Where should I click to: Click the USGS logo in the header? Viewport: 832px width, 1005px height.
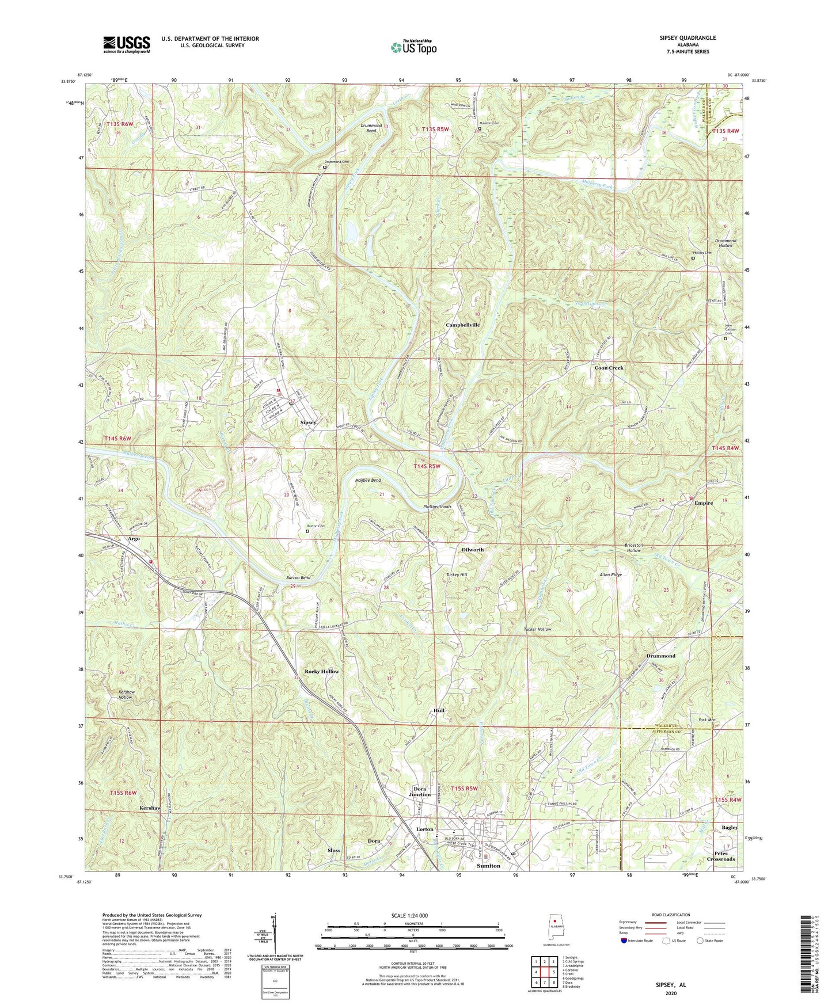click(126, 44)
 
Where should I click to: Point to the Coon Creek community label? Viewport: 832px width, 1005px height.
click(609, 368)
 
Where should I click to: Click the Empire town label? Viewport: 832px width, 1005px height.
click(703, 503)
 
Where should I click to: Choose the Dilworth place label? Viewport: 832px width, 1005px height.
click(472, 550)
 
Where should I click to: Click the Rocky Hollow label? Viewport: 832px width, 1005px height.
click(321, 672)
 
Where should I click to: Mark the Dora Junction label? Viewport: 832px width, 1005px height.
click(419, 791)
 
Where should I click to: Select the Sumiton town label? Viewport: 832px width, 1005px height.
click(488, 866)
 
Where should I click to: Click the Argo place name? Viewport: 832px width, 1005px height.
click(134, 539)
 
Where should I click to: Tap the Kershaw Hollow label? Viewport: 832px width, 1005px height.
click(125, 694)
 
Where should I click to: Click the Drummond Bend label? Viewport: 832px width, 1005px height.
click(371, 128)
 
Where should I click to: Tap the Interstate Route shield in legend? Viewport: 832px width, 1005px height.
click(625, 941)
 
